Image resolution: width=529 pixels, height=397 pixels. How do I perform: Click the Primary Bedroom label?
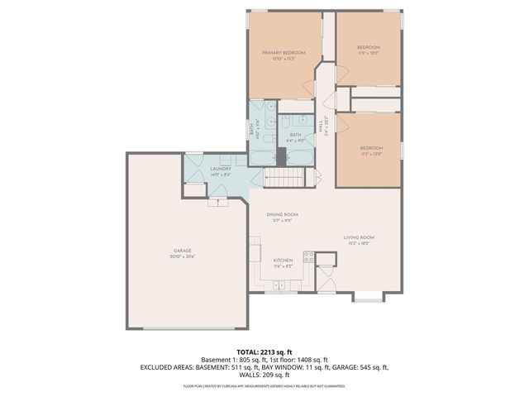pyautogui.click(x=284, y=53)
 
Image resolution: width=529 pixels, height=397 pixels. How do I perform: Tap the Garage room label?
pyautogui.click(x=182, y=251)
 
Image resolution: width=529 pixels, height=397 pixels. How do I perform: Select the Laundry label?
pyautogui.click(x=219, y=169)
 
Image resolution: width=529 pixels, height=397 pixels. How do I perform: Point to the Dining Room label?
pyautogui.click(x=282, y=214)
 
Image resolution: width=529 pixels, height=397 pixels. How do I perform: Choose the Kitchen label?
pyautogui.click(x=283, y=260)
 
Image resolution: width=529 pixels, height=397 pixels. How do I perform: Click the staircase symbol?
pyautogui.click(x=284, y=178)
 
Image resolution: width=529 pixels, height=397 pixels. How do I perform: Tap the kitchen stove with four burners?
pyautogui.click(x=309, y=256)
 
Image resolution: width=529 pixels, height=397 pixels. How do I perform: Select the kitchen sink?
pyautogui.click(x=279, y=285)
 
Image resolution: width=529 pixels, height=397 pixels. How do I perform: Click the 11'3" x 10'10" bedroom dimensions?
pyautogui.click(x=369, y=53)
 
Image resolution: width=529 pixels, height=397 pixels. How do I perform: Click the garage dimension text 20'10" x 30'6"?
pyautogui.click(x=182, y=256)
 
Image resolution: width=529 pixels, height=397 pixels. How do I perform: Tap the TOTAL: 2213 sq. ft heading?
pyautogui.click(x=264, y=352)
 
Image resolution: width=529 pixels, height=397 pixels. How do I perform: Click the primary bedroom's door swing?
pyautogui.click(x=309, y=85)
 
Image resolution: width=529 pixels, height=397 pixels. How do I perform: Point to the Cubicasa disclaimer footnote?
pyautogui.click(x=264, y=385)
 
